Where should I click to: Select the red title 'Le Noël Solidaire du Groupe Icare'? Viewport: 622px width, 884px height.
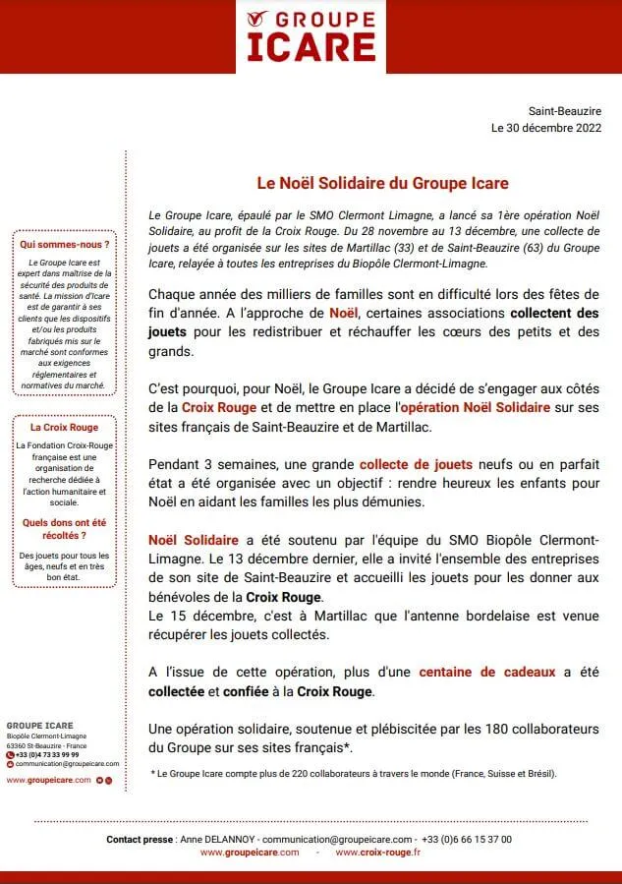382,183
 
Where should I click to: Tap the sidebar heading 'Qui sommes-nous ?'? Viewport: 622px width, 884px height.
64,243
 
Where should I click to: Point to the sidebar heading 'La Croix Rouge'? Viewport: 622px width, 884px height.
64,428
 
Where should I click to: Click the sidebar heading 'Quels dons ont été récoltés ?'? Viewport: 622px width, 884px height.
64,529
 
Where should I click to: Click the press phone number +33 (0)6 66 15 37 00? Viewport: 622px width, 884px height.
468,839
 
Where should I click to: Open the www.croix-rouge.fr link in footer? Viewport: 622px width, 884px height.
378,853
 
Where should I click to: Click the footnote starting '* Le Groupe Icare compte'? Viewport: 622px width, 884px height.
354,774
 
